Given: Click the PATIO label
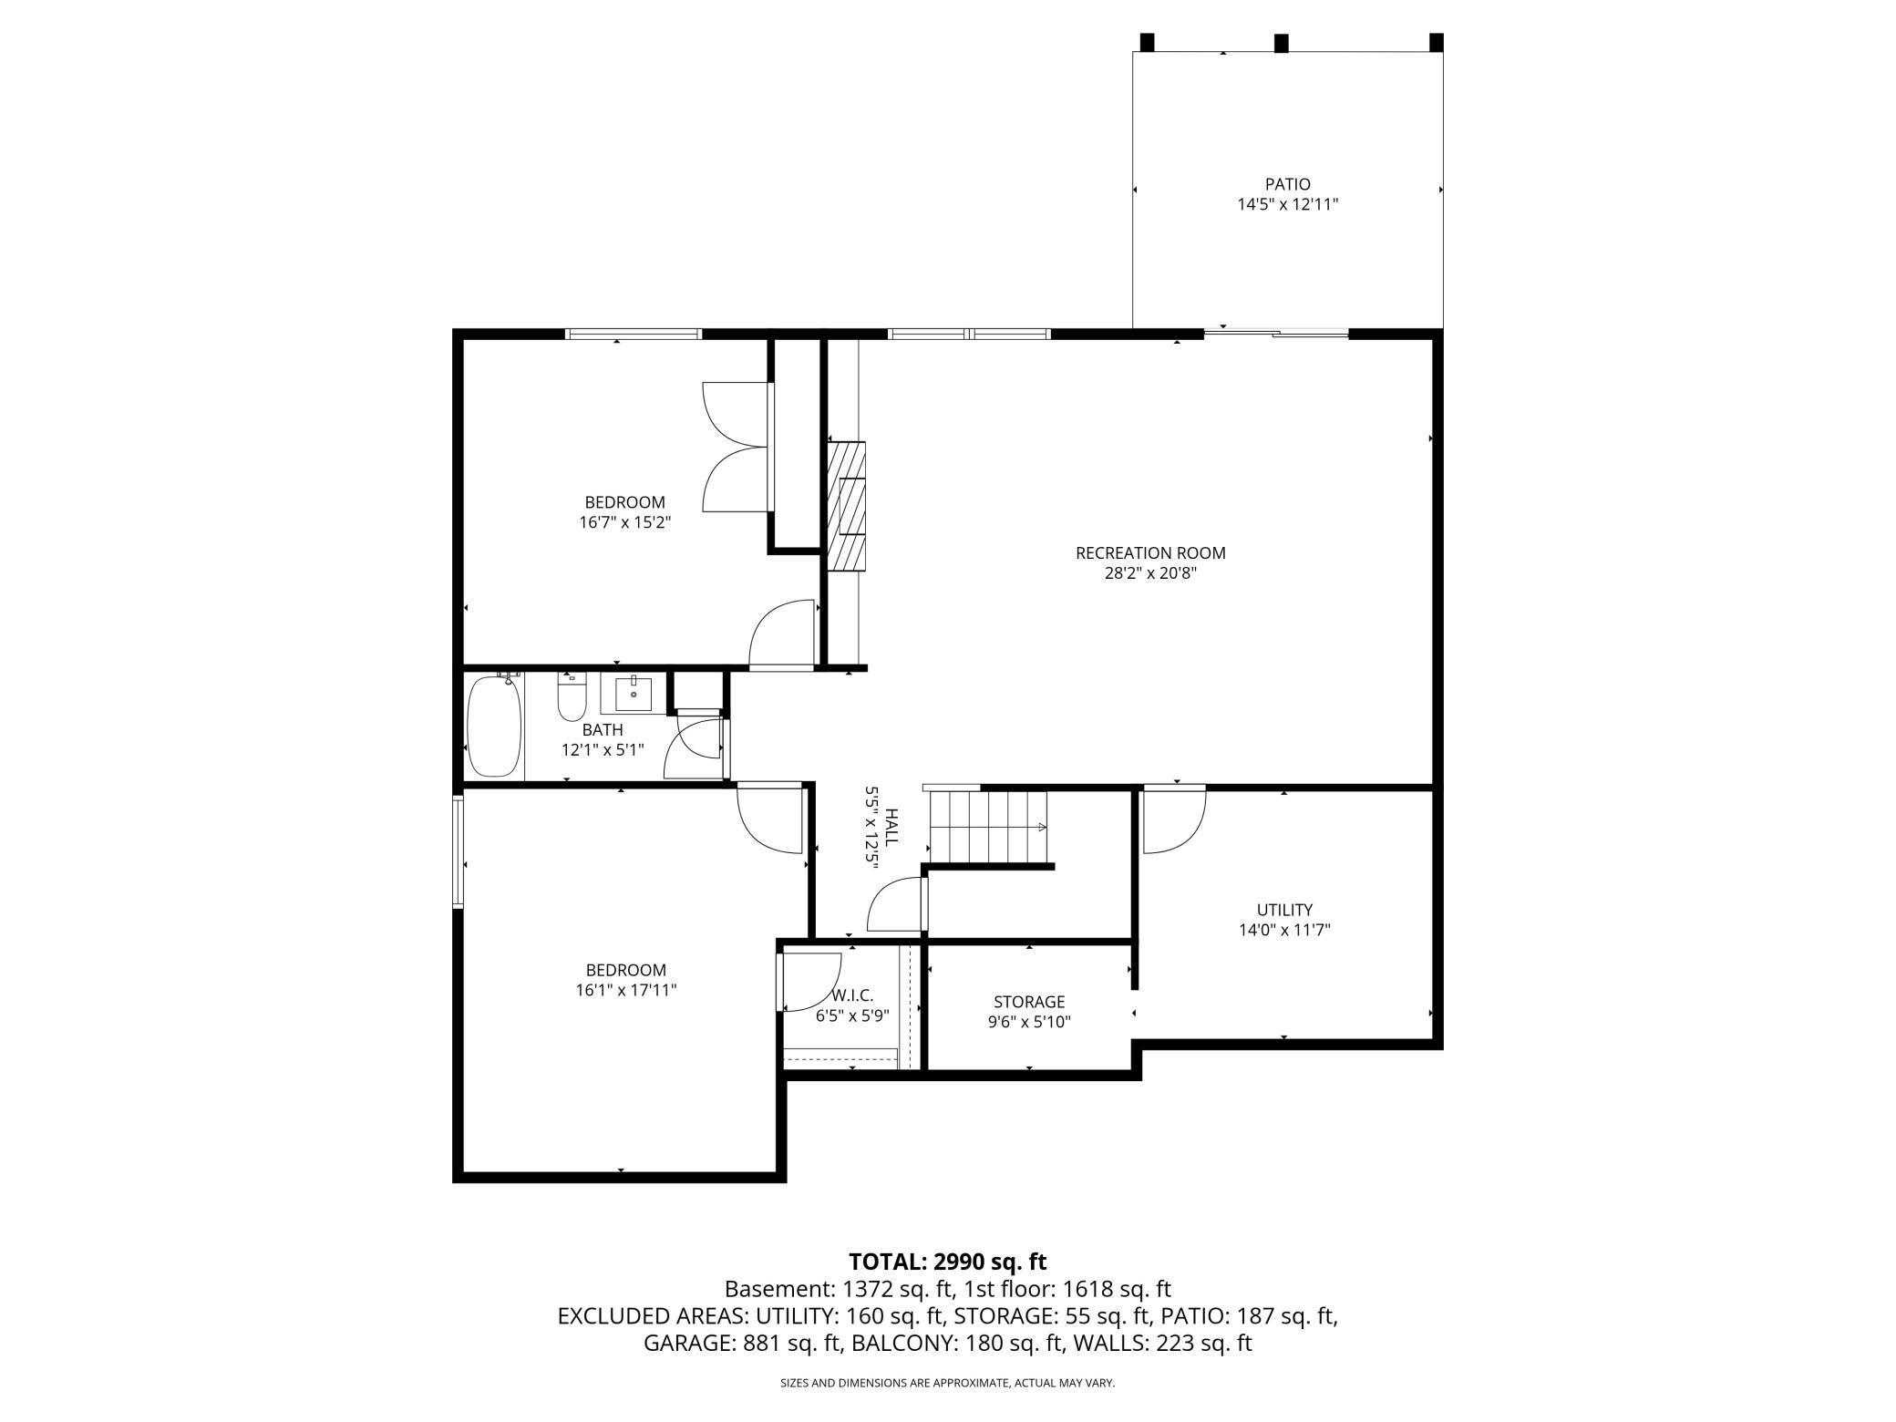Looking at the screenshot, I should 1287,184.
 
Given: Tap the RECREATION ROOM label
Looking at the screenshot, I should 1150,552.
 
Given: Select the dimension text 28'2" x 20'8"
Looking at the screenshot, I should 1150,573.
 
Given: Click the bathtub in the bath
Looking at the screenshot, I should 494,726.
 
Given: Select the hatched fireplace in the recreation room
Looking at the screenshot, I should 846,506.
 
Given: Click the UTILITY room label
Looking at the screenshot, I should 1284,909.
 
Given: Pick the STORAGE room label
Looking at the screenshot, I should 1029,1002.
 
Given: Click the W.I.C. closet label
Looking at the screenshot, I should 851,996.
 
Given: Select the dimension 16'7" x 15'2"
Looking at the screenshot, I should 624,523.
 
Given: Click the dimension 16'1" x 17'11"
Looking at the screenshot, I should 619,990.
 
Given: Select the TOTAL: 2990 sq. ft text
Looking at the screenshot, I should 947,1262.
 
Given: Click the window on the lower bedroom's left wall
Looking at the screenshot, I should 459,851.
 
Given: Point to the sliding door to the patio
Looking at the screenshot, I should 1276,334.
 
